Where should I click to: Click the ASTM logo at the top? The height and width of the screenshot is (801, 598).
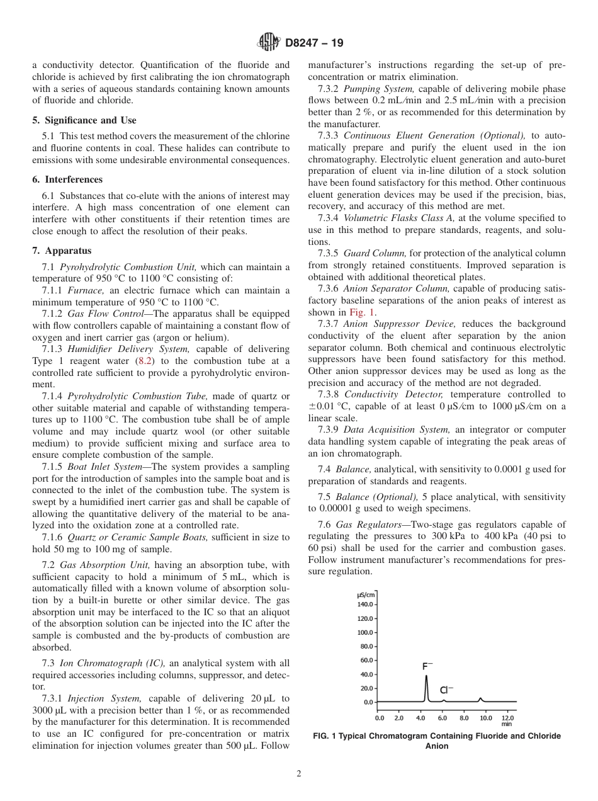269,43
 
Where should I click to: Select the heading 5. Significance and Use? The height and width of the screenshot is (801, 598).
84,120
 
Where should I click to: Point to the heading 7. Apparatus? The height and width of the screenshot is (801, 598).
62,250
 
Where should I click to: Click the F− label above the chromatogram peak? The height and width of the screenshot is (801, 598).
427,666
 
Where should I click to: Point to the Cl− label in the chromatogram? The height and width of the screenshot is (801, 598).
446,690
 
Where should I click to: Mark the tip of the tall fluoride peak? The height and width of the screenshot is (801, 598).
426,676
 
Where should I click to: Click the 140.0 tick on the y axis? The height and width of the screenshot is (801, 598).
365,605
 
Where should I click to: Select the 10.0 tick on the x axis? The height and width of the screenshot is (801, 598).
485,718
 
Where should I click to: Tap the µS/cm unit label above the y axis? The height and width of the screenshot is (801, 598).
366,594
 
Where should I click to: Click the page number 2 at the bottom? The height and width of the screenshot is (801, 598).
299,774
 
